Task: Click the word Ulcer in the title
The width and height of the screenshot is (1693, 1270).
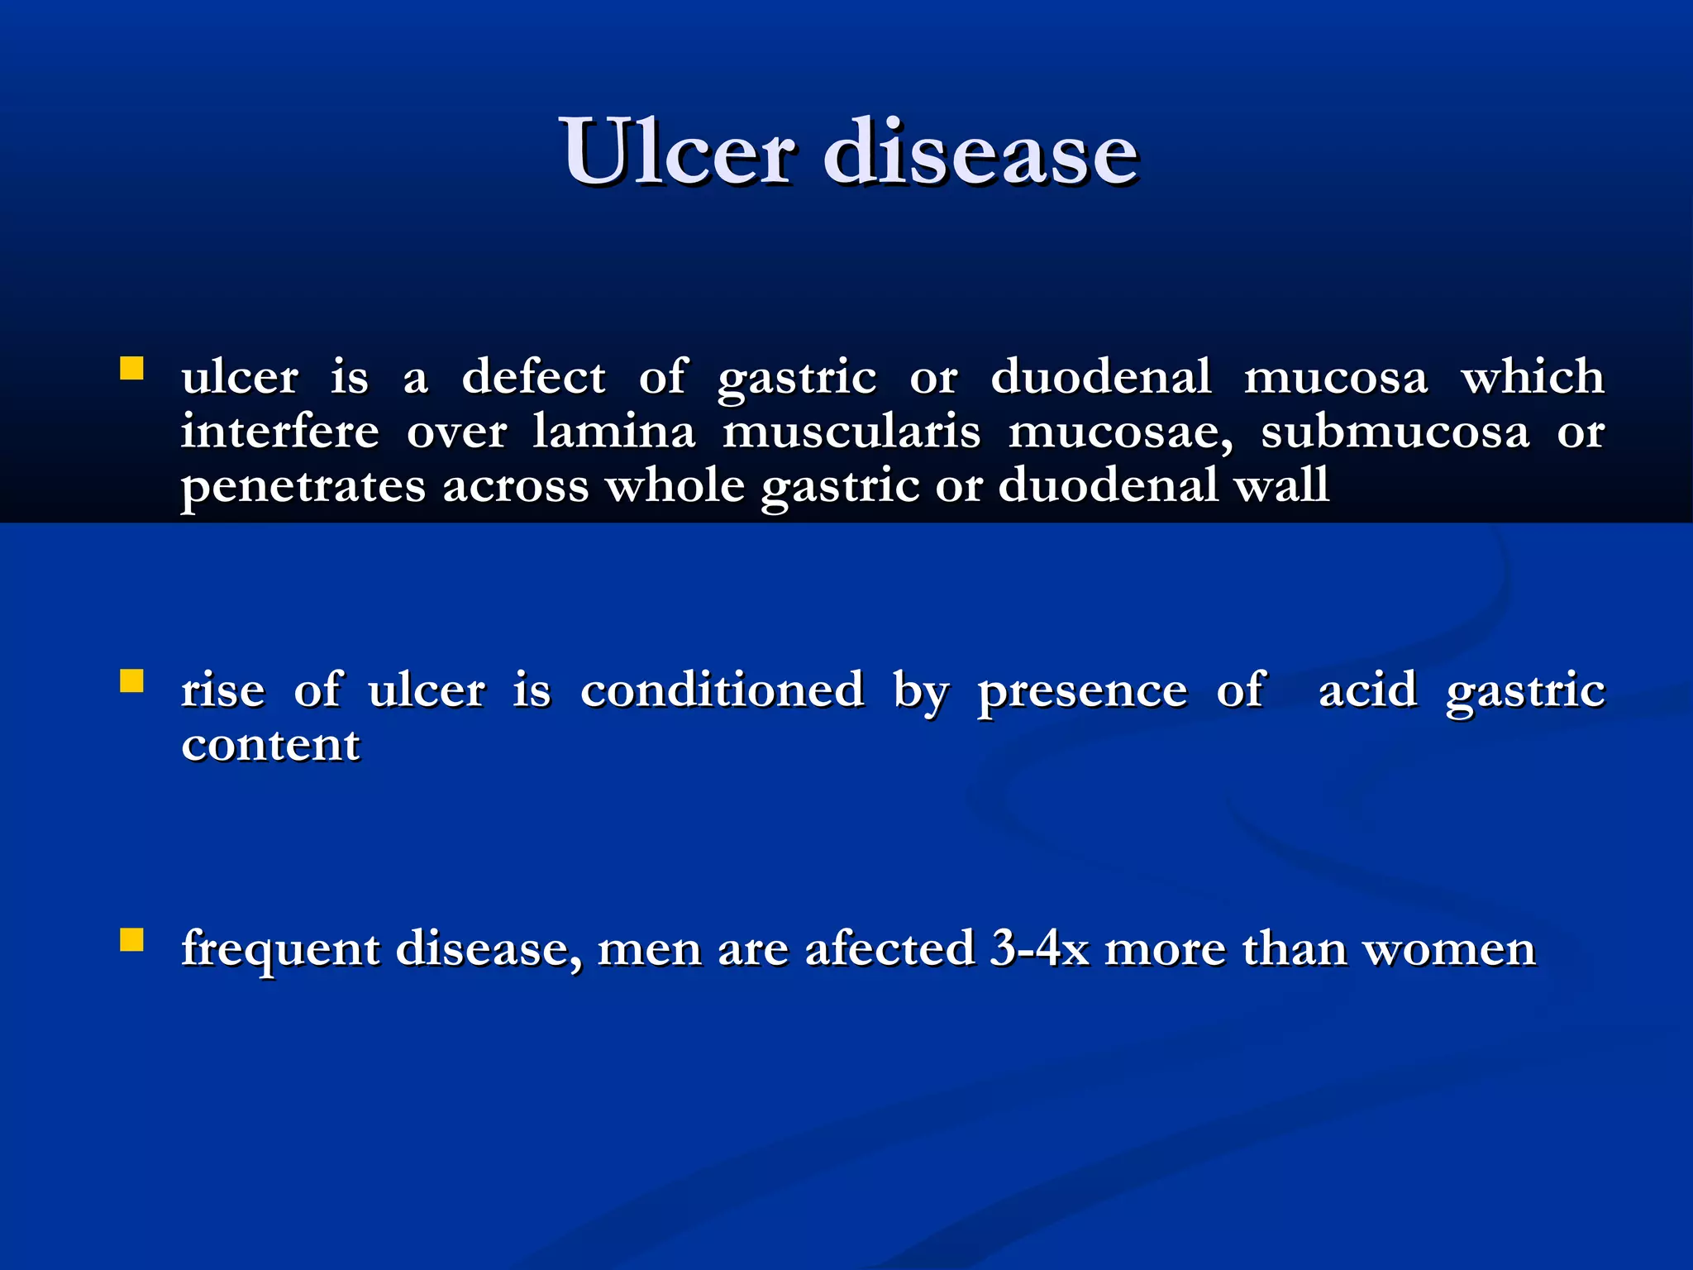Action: tap(678, 152)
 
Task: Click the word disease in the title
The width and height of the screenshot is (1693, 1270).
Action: tap(980, 152)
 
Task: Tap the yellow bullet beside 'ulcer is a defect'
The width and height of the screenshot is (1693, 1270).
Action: tap(131, 368)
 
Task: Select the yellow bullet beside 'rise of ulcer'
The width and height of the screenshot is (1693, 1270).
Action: tap(131, 680)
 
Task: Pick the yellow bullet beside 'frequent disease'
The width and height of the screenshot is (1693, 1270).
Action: tap(131, 940)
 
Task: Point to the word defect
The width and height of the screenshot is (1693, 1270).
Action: tap(533, 377)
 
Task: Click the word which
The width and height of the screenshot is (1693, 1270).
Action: tap(1533, 377)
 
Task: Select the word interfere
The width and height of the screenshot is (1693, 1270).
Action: tap(279, 432)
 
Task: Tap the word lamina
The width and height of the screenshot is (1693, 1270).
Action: tap(613, 432)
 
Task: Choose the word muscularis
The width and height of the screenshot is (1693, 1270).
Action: tap(851, 432)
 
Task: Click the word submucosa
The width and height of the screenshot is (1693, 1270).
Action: tap(1395, 432)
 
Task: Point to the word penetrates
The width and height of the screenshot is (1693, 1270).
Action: tap(303, 486)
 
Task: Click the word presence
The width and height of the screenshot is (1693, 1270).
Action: tap(1082, 691)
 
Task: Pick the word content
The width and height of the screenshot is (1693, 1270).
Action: tap(271, 745)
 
